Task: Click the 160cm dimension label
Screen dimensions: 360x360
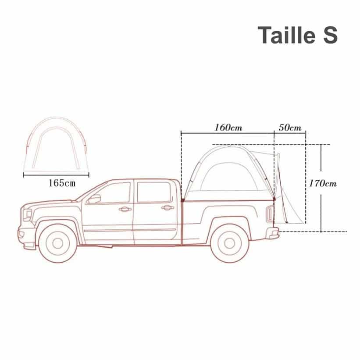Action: (x=228, y=128)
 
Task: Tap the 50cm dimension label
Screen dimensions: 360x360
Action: (x=290, y=128)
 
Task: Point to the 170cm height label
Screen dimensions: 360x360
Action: (x=323, y=183)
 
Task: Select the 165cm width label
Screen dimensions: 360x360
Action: (x=62, y=183)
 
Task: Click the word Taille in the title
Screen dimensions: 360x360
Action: (x=287, y=35)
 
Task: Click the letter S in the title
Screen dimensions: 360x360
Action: (x=330, y=35)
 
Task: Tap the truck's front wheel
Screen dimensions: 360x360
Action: (x=57, y=243)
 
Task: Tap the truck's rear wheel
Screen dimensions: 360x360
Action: (x=230, y=243)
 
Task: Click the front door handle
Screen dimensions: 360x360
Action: (x=125, y=209)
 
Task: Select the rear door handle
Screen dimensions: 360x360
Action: (x=168, y=208)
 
